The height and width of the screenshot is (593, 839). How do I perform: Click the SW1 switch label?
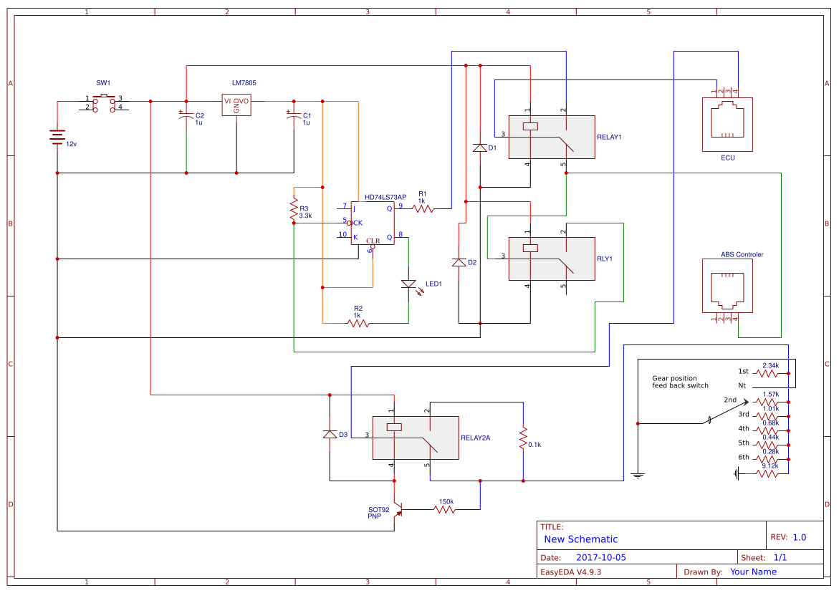pos(103,83)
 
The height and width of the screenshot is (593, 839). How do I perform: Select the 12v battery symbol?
pos(57,137)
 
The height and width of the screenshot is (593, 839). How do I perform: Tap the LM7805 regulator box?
pos(236,102)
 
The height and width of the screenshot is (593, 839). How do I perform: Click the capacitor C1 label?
pos(307,115)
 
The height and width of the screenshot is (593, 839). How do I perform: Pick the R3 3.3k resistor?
pos(294,209)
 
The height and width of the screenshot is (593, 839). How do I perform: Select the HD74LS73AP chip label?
pos(385,197)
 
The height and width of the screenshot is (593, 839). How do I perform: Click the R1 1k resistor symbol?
pos(423,209)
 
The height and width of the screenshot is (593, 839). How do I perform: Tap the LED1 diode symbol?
pos(408,284)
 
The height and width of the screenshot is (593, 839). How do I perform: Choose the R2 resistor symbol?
pos(358,324)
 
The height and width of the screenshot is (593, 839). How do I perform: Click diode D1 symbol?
pos(480,148)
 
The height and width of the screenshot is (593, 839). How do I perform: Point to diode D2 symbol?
pos(459,263)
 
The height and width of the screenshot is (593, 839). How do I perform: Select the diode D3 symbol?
pos(330,434)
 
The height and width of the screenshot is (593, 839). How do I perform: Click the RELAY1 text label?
pos(609,137)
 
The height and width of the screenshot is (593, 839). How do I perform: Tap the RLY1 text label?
pos(605,259)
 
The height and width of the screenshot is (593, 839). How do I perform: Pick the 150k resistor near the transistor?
pos(444,510)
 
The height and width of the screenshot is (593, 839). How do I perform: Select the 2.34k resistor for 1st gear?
pos(770,373)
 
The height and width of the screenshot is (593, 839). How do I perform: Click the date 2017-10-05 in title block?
pos(600,557)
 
